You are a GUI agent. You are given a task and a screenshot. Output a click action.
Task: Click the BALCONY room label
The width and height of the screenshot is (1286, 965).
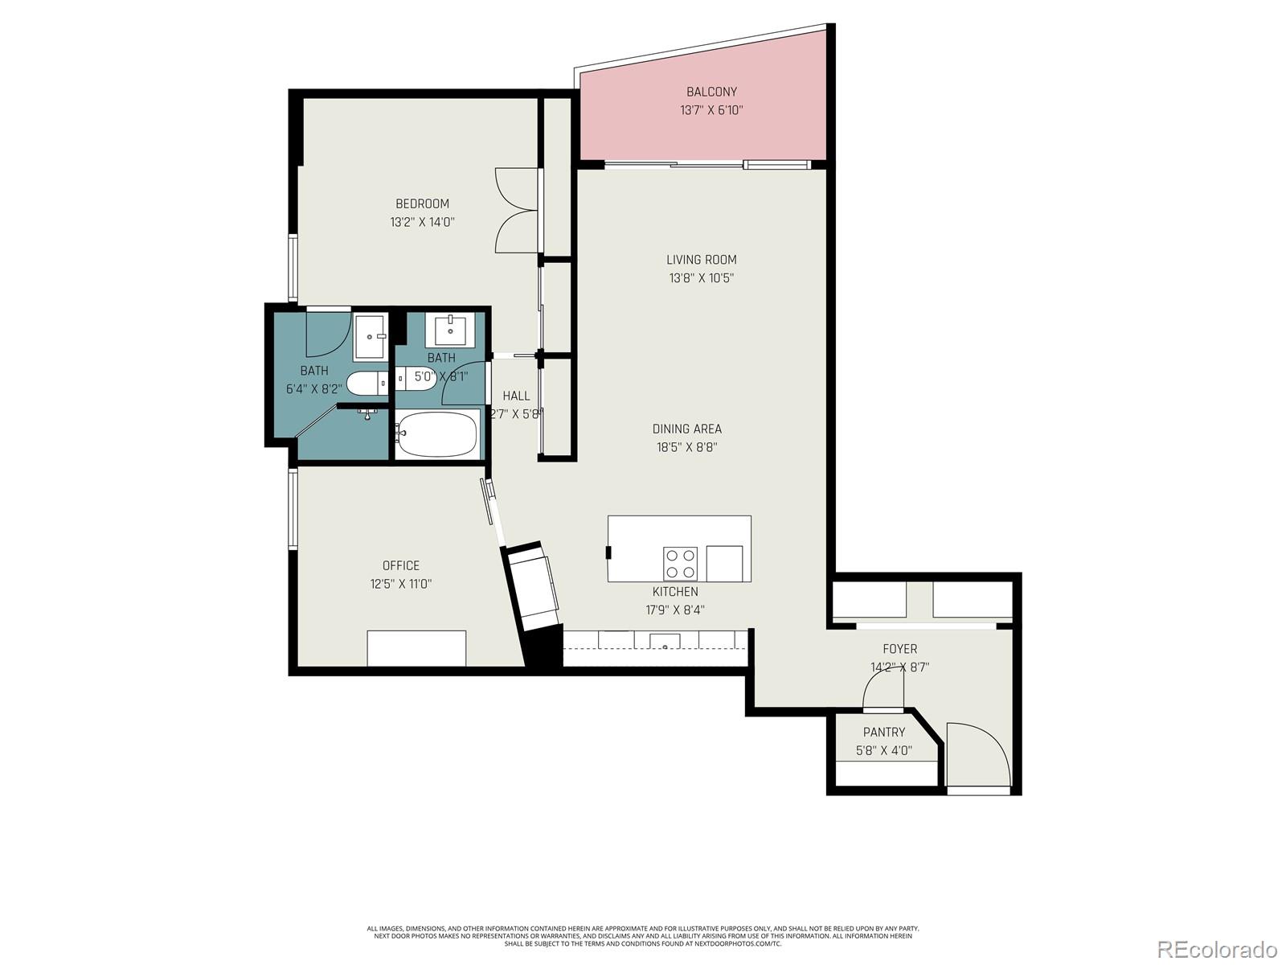pyautogui.click(x=711, y=92)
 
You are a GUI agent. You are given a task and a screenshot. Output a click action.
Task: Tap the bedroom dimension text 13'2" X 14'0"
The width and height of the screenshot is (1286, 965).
pyautogui.click(x=423, y=222)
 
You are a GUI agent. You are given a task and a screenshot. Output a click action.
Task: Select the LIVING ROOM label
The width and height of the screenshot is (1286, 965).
pyautogui.click(x=701, y=260)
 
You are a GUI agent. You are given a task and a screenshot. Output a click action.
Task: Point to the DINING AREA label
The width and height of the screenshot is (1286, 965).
pyautogui.click(x=686, y=429)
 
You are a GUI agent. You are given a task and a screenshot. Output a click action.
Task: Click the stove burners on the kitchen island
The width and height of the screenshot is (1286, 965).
pyautogui.click(x=680, y=562)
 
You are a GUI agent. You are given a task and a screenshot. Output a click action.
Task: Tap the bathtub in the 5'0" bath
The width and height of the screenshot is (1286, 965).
pyautogui.click(x=436, y=434)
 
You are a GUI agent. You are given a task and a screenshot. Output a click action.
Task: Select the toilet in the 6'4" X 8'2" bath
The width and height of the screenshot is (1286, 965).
pyautogui.click(x=367, y=384)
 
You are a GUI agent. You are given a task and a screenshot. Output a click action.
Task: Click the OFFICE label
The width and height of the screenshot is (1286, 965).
pyautogui.click(x=400, y=565)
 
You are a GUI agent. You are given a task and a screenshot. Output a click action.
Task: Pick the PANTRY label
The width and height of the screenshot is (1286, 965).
pyautogui.click(x=883, y=732)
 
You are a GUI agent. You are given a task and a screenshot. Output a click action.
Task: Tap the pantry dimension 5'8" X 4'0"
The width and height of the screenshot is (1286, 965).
pyautogui.click(x=883, y=751)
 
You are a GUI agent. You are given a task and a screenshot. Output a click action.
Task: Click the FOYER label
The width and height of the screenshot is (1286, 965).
pyautogui.click(x=899, y=648)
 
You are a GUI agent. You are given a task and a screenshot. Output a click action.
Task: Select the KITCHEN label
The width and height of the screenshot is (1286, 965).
pyautogui.click(x=675, y=592)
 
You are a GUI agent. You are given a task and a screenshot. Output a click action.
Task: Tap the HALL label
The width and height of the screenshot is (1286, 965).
pyautogui.click(x=516, y=396)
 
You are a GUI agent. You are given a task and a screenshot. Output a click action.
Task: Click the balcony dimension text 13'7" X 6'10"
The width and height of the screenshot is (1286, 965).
pyautogui.click(x=711, y=110)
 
